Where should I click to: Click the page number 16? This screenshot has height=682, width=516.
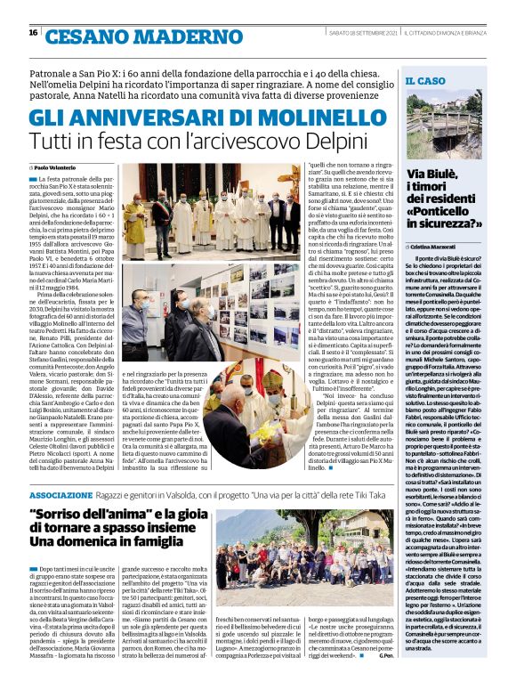33,34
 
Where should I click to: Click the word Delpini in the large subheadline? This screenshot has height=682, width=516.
331,142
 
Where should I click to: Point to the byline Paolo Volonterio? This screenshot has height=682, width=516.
56,166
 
